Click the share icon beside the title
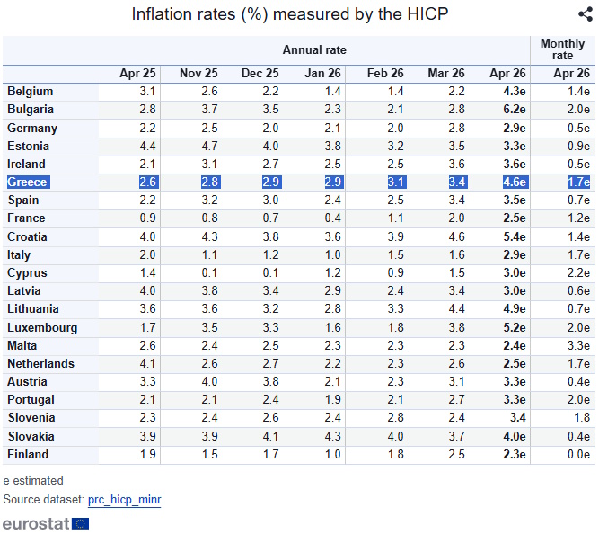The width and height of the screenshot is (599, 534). tap(585, 13)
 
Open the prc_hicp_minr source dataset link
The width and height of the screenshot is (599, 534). tap(125, 499)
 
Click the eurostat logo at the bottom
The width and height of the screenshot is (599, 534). tap(46, 522)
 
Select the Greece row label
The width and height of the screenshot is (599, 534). tap(28, 182)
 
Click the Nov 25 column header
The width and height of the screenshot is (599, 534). tap(198, 74)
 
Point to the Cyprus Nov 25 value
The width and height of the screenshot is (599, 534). tap(208, 273)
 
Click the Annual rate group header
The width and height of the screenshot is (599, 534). tap(314, 50)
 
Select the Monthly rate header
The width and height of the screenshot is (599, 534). tap(562, 49)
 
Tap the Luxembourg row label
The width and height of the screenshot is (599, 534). tap(42, 328)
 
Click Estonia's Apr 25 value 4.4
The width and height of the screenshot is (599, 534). tap(147, 146)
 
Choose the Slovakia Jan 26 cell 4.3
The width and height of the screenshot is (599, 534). tap(332, 437)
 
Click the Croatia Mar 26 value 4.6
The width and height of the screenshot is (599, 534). tap(455, 237)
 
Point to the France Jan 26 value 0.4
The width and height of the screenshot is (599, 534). tap(332, 218)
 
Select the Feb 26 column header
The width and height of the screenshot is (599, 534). tap(385, 74)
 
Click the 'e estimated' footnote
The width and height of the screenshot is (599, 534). tap(33, 481)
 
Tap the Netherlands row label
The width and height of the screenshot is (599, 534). tap(40, 364)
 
